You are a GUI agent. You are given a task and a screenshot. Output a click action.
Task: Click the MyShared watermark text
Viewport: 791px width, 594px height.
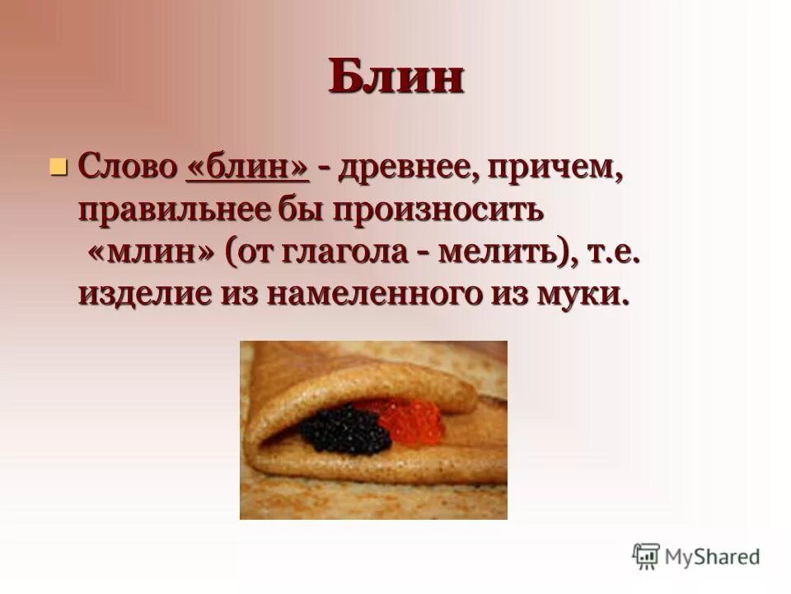click(714, 556)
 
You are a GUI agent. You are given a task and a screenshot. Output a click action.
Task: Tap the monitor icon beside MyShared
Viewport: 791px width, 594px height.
click(647, 555)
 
